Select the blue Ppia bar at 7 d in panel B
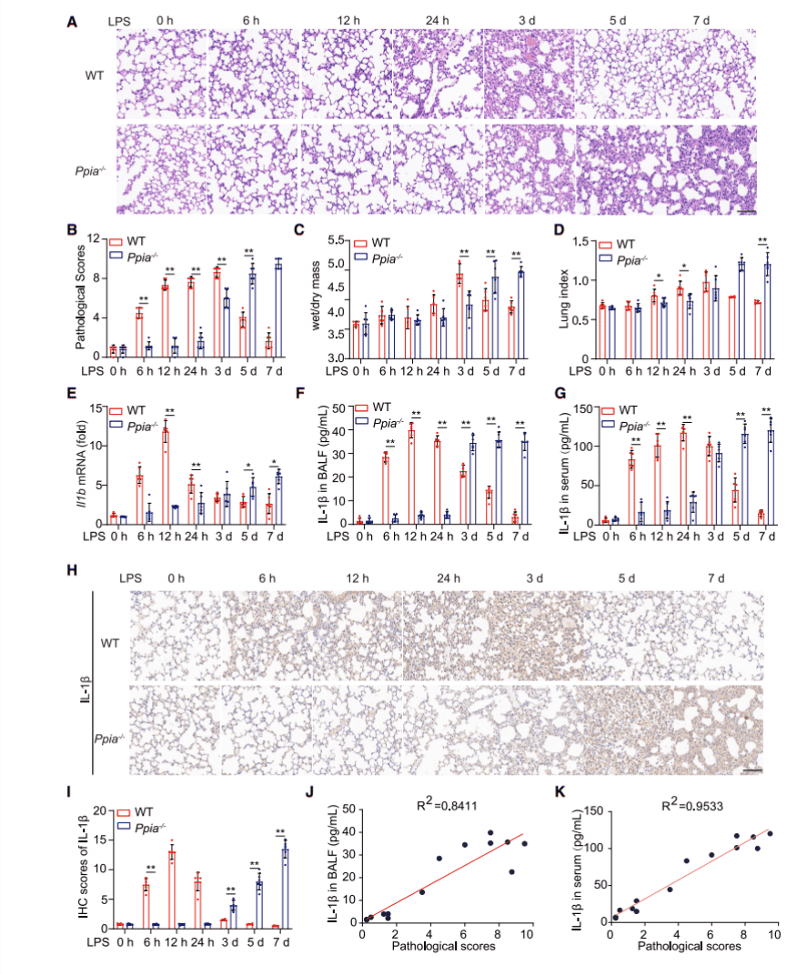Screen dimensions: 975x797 279,307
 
